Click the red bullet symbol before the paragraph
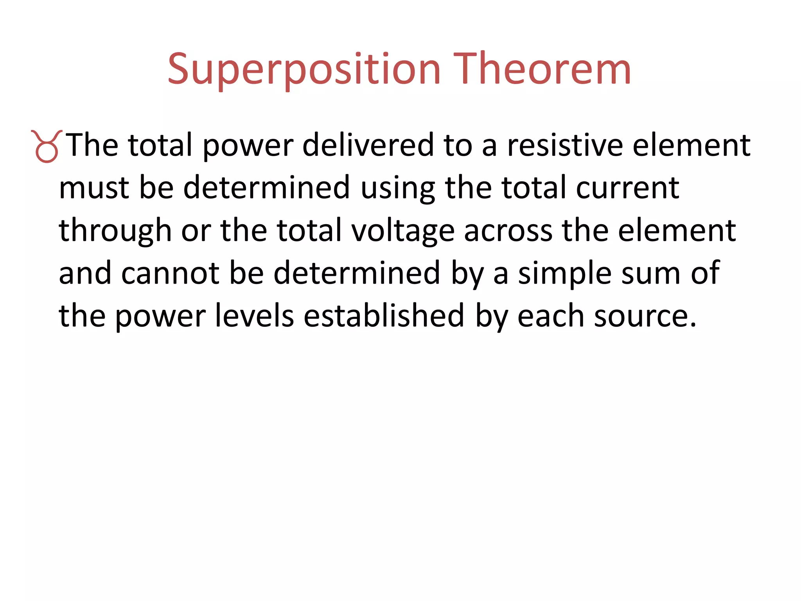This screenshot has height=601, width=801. point(47,146)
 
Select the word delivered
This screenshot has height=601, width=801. point(368,145)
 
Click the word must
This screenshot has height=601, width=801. point(94,188)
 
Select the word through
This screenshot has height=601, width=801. point(115,231)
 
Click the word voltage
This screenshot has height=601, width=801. point(402,231)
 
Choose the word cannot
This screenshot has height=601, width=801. point(170,273)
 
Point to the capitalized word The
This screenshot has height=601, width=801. point(92,145)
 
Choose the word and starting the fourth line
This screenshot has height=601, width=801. point(85,273)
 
